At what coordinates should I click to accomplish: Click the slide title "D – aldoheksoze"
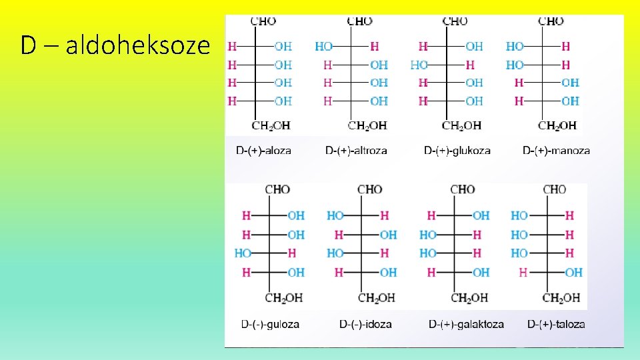[x=115, y=46]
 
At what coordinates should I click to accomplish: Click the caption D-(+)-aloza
[x=263, y=151]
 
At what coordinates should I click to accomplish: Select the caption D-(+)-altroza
[x=356, y=151]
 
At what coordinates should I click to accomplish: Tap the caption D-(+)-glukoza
[x=457, y=151]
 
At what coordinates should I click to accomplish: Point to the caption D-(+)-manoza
[x=556, y=151]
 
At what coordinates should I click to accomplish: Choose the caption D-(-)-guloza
[x=270, y=325]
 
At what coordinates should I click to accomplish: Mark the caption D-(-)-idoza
[x=365, y=325]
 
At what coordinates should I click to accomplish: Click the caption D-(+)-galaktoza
[x=466, y=325]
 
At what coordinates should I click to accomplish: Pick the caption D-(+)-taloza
[x=556, y=325]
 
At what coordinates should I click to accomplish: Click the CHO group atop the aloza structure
[x=263, y=21]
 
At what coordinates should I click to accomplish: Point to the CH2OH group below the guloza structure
[x=283, y=297]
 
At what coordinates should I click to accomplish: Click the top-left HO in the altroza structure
[x=324, y=47]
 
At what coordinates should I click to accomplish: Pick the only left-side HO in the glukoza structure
[x=419, y=65]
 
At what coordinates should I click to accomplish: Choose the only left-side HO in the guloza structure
[x=243, y=253]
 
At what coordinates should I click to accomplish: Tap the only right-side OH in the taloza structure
[x=573, y=272]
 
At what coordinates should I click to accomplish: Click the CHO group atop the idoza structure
[x=369, y=190]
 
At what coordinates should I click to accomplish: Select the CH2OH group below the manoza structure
[x=557, y=125]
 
